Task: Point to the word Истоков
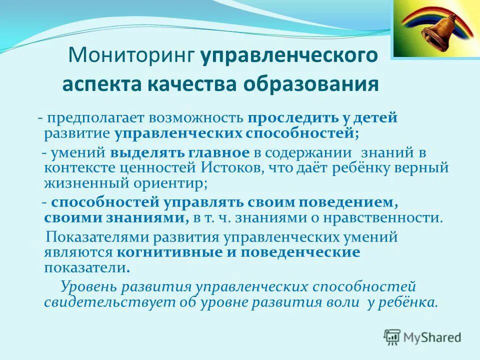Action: [227, 168]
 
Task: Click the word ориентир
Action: [173, 183]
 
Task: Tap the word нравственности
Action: [388, 218]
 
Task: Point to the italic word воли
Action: [345, 302]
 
